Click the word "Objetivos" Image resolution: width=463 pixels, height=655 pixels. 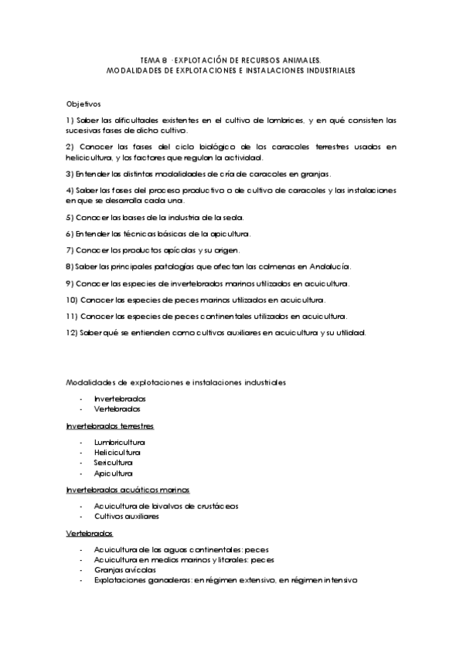(83, 103)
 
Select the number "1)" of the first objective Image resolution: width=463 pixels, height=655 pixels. (70, 120)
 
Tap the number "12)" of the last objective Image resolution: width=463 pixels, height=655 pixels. (72, 333)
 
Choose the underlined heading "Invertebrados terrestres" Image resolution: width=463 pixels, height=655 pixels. (110, 426)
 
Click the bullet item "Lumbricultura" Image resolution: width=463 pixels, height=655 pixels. (119, 442)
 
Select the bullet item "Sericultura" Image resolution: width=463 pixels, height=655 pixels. (114, 463)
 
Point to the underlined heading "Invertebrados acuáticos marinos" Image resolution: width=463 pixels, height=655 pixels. (128, 490)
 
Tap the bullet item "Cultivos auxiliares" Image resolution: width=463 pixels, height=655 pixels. (126, 516)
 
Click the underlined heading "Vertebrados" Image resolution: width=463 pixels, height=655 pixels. (90, 534)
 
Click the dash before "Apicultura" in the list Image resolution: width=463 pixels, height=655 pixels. (80, 473)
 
